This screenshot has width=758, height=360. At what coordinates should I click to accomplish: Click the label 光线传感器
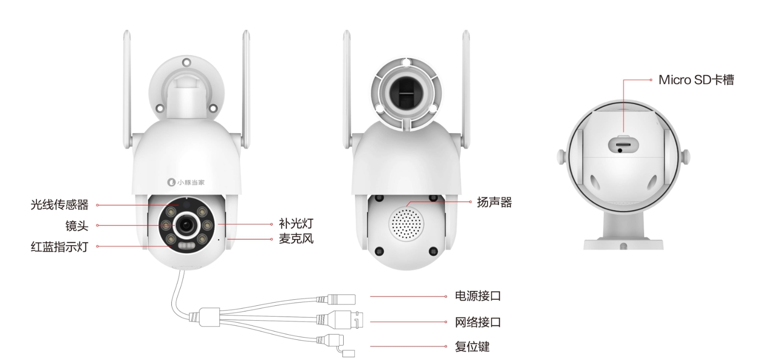click(x=59, y=205)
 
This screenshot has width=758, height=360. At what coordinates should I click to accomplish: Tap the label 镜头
click(x=77, y=226)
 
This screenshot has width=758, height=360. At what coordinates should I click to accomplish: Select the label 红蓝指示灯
click(x=59, y=247)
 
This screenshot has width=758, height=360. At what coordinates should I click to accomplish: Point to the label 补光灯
click(x=296, y=224)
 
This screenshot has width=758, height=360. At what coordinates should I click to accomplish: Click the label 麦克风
click(x=296, y=239)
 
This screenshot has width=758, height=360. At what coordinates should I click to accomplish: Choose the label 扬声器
click(x=494, y=202)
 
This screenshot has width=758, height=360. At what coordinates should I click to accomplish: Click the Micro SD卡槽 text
click(x=696, y=80)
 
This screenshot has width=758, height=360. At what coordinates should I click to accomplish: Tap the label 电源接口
click(x=477, y=296)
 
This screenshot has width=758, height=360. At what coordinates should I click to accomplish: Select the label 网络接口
click(x=477, y=322)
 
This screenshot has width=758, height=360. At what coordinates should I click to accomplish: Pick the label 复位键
click(x=472, y=346)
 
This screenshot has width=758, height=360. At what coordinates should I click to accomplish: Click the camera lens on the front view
click(x=186, y=226)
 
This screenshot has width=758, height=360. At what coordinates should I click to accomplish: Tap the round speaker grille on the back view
click(x=406, y=224)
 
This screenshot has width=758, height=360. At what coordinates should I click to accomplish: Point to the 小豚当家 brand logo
click(x=186, y=182)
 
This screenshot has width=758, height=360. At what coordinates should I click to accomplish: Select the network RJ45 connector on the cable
click(x=343, y=320)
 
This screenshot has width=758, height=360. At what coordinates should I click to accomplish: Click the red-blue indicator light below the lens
click(x=186, y=246)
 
